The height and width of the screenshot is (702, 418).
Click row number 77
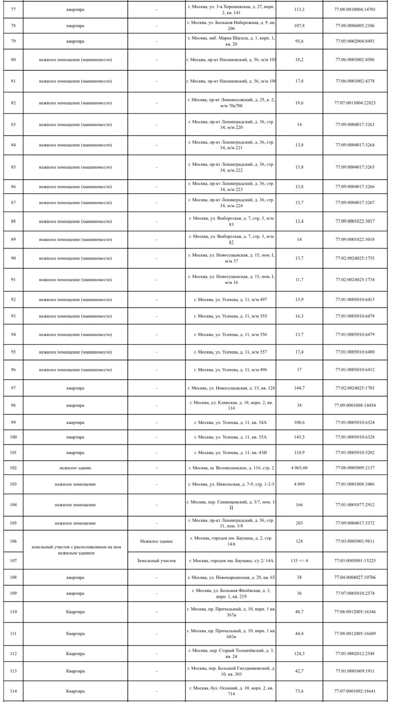tap(14, 10)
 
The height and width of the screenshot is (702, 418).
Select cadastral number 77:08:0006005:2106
tap(355, 26)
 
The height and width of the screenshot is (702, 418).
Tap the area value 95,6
tap(299, 41)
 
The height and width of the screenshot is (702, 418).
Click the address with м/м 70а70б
tap(231, 103)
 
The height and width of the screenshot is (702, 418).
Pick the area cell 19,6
tap(299, 103)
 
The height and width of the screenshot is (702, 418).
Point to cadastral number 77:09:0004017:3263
tap(355, 125)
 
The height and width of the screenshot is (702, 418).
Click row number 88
tap(14, 221)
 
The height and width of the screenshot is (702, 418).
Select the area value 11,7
tap(299, 280)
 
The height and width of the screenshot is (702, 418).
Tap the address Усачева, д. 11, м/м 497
tap(231, 299)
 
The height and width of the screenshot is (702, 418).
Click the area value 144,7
tap(299, 388)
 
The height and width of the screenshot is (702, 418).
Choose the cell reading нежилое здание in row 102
tap(75, 468)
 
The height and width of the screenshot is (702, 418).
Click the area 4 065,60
tap(299, 468)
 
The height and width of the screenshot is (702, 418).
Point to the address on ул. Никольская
tap(231, 484)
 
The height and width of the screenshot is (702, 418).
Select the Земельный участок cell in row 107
tap(157, 561)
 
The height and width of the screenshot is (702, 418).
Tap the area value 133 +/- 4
tap(299, 561)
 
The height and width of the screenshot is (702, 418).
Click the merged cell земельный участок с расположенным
tap(75, 550)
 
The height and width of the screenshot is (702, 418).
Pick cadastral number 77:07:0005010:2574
tap(355, 593)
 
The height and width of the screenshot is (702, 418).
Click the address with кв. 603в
tap(231, 634)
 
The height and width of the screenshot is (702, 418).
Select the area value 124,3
tap(299, 654)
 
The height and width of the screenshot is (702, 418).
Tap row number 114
tap(14, 691)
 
